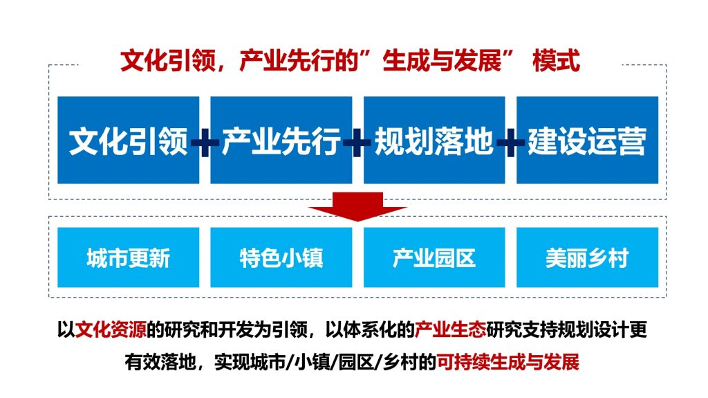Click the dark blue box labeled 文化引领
click(x=128, y=140)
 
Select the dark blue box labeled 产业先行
click(x=281, y=140)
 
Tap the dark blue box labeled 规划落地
click(x=434, y=140)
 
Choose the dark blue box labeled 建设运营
click(x=588, y=140)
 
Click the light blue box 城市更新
click(x=128, y=257)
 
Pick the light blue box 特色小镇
click(x=281, y=257)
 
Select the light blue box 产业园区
click(x=434, y=257)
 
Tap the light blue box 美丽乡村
click(x=588, y=257)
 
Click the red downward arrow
click(x=357, y=206)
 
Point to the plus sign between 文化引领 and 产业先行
click(x=205, y=143)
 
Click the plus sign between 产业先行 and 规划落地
click(x=357, y=143)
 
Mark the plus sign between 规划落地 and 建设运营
click(x=511, y=143)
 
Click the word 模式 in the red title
click(x=557, y=61)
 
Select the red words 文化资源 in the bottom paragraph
click(x=111, y=329)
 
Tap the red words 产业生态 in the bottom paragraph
click(x=450, y=329)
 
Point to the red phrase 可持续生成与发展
click(x=508, y=362)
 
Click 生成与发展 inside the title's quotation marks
click(x=442, y=61)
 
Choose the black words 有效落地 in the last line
click(x=160, y=362)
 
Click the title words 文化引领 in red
click(x=168, y=61)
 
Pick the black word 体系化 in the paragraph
click(x=370, y=329)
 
